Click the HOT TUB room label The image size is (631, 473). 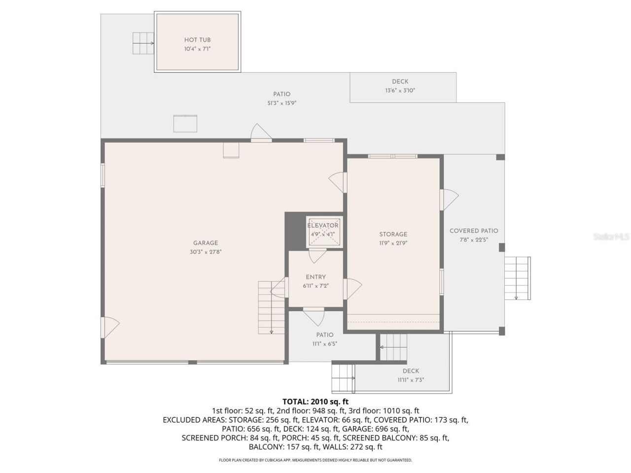[198, 40]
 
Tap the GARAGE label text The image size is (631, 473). [206, 243]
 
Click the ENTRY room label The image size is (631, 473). [315, 277]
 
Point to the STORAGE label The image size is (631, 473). [393, 235]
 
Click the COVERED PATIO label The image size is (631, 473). [474, 231]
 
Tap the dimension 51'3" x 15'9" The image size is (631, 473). [281, 103]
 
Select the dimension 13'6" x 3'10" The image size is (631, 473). [400, 91]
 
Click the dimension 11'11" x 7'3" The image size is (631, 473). [411, 380]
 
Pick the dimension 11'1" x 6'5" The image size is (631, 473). [325, 344]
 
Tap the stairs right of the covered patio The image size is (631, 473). [517, 278]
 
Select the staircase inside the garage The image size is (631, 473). [272, 306]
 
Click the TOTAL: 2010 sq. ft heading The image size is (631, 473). [315, 401]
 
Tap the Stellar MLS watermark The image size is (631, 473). [611, 237]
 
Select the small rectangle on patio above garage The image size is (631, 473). [185, 123]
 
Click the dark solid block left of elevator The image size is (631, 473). [295, 231]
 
